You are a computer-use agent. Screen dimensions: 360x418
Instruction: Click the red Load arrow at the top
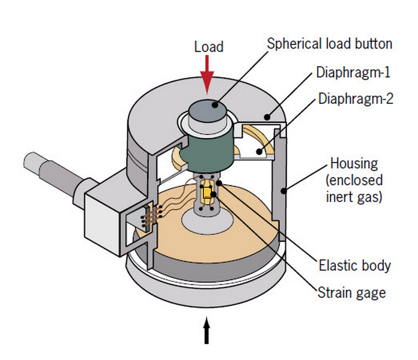(x=207, y=73)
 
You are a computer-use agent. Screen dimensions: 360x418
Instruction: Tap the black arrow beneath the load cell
(x=207, y=331)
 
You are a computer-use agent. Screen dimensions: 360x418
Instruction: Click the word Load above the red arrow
(x=208, y=47)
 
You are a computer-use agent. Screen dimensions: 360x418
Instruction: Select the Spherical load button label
(x=330, y=44)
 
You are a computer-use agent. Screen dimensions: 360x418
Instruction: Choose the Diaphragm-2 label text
(x=356, y=98)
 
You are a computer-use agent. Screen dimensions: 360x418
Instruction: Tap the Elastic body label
(x=354, y=265)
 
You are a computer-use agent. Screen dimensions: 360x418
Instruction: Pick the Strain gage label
(x=351, y=292)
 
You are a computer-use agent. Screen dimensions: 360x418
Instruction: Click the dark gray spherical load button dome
(x=207, y=112)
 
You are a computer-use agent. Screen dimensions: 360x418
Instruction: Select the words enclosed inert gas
(x=356, y=188)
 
